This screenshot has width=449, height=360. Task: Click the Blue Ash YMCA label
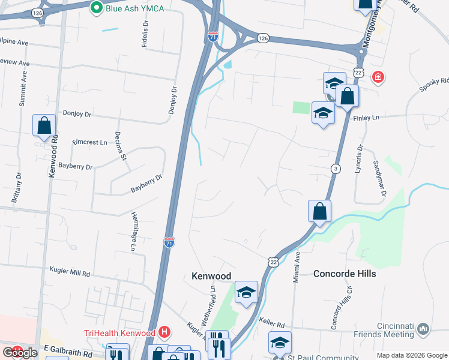(135, 8)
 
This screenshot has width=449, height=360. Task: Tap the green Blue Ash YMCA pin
(96, 8)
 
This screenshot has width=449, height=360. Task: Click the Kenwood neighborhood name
(211, 276)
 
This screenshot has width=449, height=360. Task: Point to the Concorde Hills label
(345, 274)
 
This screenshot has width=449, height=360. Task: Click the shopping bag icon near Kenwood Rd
(44, 127)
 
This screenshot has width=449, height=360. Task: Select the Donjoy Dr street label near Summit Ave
(77, 113)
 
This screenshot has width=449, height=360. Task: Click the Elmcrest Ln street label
(89, 142)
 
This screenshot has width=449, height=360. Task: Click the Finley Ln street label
(367, 118)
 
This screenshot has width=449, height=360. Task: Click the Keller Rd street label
(271, 322)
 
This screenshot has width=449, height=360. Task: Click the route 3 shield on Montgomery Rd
(335, 169)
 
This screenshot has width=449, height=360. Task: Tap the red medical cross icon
(378, 77)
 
